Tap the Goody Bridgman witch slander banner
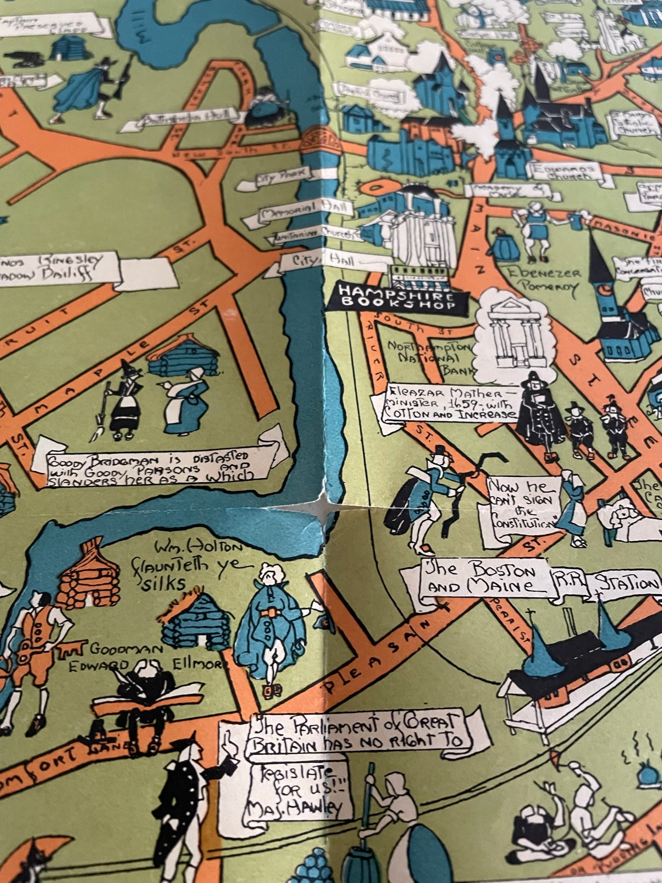151,463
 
